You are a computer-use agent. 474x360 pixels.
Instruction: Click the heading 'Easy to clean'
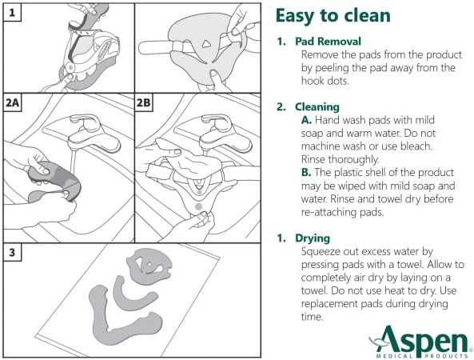click(x=333, y=16)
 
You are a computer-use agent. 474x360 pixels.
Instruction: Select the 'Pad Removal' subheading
click(x=328, y=41)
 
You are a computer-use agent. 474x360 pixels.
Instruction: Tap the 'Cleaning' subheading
click(x=317, y=106)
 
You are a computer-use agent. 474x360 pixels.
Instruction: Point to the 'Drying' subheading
click(x=313, y=238)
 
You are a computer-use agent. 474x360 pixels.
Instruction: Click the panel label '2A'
click(x=12, y=102)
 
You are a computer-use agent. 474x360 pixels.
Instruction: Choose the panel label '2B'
click(x=143, y=102)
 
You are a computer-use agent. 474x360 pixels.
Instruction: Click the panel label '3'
click(x=12, y=252)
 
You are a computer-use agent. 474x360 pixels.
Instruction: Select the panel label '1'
click(x=12, y=13)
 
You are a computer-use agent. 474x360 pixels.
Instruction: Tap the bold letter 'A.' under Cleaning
click(x=306, y=120)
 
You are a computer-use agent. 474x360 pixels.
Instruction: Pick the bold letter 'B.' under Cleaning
click(x=306, y=173)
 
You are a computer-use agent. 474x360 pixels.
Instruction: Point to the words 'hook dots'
click(x=325, y=81)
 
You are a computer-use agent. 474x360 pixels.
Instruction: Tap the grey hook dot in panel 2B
click(x=198, y=207)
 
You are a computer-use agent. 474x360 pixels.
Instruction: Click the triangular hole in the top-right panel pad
click(x=207, y=44)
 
